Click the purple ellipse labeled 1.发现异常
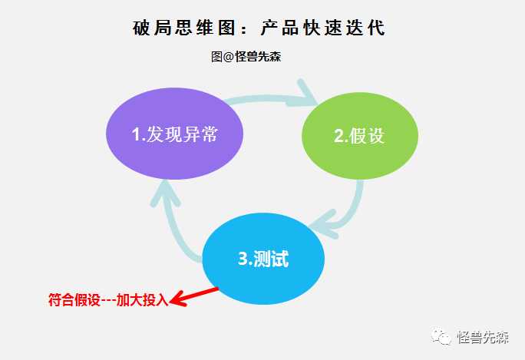click(x=174, y=134)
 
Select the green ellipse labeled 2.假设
click(x=360, y=136)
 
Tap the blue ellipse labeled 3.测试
click(x=263, y=259)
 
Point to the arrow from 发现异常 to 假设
click(x=268, y=98)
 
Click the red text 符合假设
click(x=74, y=299)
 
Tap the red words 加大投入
click(x=142, y=299)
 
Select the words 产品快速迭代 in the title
click(x=323, y=28)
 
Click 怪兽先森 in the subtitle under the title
click(x=257, y=57)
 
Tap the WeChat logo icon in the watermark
click(x=441, y=336)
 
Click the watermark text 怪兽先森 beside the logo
click(x=483, y=337)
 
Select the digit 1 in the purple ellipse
click(x=137, y=134)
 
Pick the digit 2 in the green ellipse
click(x=339, y=136)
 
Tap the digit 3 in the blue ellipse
click(x=243, y=259)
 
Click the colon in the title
click(x=244, y=29)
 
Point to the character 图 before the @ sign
click(x=216, y=57)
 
